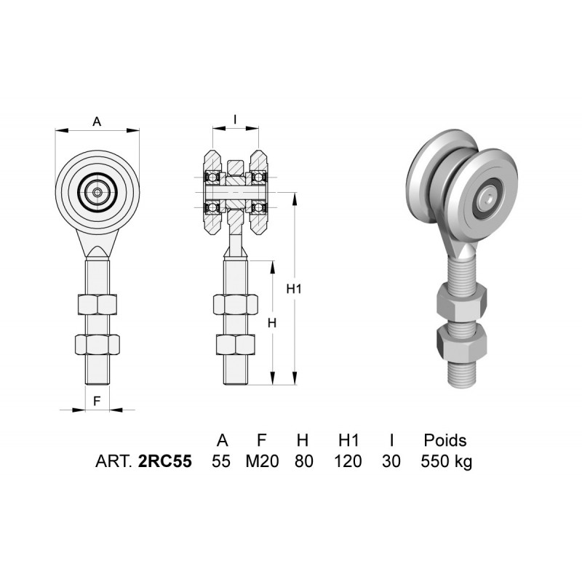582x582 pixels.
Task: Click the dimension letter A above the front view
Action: pyautogui.click(x=97, y=121)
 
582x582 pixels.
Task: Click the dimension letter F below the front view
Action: pyautogui.click(x=97, y=401)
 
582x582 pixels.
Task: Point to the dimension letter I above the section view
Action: pyautogui.click(x=235, y=119)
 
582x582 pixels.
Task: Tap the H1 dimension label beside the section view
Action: pyautogui.click(x=294, y=288)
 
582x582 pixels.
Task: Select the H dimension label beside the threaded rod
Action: pyautogui.click(x=272, y=323)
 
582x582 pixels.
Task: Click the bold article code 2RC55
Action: pyautogui.click(x=165, y=461)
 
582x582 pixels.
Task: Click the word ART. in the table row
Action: pyautogui.click(x=113, y=461)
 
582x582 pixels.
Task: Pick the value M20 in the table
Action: pyautogui.click(x=262, y=461)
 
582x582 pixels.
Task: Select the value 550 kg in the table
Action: pyautogui.click(x=447, y=462)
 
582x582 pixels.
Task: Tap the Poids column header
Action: pyautogui.click(x=445, y=440)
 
